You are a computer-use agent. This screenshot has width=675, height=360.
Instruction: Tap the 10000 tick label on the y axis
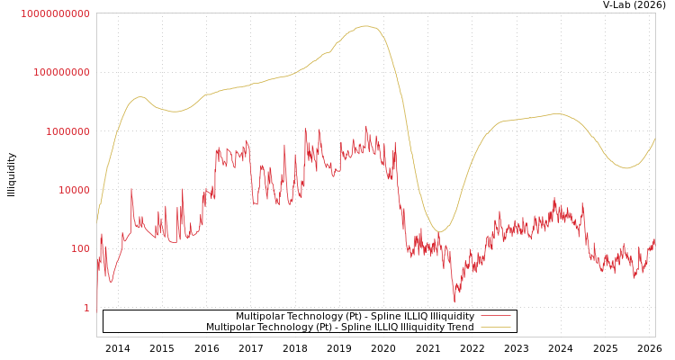pos(71,190)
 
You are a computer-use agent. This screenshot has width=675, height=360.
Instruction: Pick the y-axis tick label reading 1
pos(86,308)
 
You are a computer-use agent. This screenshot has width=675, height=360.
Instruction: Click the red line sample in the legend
pos(496,317)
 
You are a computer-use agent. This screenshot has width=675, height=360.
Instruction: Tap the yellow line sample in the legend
pos(496,328)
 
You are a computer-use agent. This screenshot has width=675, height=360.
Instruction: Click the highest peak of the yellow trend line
pos(365,26)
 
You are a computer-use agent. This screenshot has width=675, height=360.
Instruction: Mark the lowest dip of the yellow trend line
pos(438,232)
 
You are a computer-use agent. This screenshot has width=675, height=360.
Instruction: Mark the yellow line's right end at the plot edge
pos(654,139)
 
